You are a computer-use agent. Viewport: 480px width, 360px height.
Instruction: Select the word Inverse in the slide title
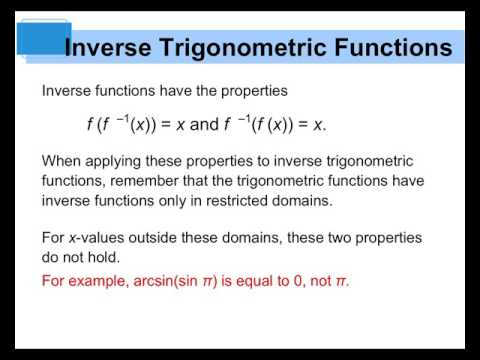coord(109,47)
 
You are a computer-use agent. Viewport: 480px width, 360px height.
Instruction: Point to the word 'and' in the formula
coord(203,126)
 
